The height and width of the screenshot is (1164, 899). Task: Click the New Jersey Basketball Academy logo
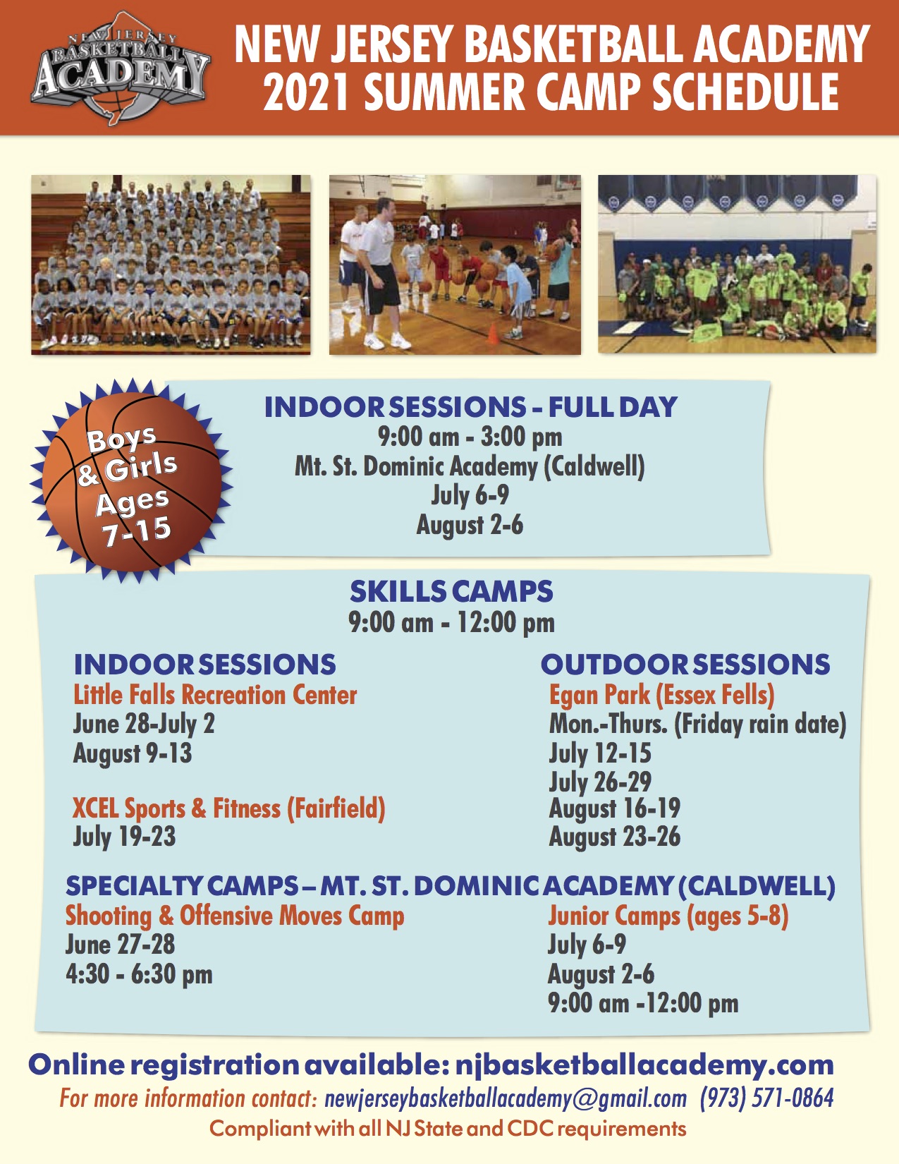point(121,68)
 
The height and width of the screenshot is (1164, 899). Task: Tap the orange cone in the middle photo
point(492,333)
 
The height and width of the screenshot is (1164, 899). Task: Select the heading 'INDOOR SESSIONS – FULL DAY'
point(470,407)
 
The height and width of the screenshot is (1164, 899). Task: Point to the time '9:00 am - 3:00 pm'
point(470,437)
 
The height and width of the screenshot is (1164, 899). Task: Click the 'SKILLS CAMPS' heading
point(451,592)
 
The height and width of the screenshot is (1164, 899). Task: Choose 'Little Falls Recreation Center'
point(215,695)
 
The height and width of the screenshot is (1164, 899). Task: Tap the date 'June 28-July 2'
point(144,725)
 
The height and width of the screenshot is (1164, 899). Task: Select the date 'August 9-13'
point(133,753)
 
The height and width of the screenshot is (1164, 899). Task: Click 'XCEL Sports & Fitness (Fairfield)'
point(229,808)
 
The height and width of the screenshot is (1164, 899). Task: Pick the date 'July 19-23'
point(124,837)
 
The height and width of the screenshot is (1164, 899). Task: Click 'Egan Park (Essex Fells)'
point(662,696)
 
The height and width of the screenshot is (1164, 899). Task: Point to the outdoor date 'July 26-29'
point(600,782)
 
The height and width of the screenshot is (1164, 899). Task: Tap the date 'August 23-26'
point(615,837)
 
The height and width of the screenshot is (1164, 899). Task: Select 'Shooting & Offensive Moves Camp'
point(235,916)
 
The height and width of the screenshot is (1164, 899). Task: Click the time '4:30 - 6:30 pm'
point(139,974)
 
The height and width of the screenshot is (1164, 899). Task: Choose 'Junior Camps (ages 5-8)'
point(668,916)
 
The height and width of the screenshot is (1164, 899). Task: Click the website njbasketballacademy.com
point(644,1065)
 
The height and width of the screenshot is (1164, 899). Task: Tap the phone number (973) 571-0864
point(766,1098)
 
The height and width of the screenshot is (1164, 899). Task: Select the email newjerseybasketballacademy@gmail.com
point(506,1098)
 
